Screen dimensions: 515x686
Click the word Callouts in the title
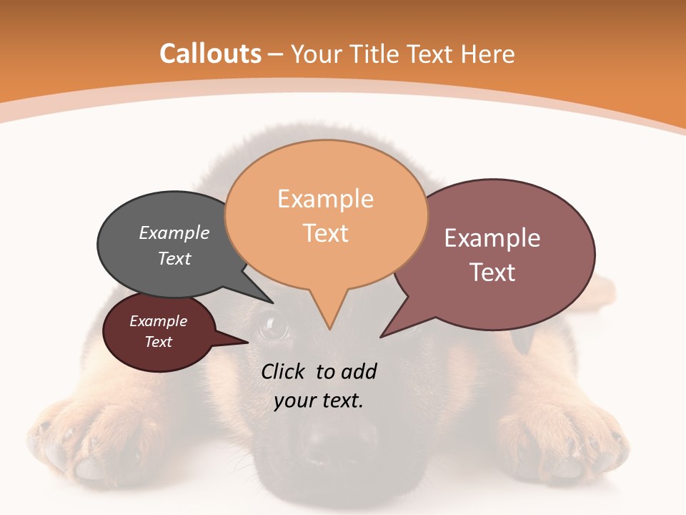point(210,54)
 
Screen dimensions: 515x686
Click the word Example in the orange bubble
point(326,199)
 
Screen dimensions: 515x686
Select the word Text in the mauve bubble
point(493,273)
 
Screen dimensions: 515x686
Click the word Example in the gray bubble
point(174,233)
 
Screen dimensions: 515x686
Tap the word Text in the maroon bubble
point(159,342)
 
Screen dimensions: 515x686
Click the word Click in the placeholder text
point(283,372)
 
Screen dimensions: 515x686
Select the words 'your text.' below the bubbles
point(319,401)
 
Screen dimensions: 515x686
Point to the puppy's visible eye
point(273,326)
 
